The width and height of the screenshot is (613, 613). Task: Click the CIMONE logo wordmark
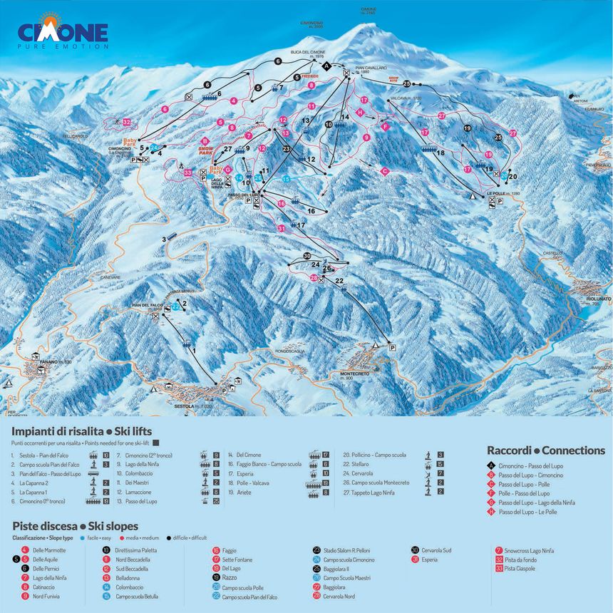coord(63,32)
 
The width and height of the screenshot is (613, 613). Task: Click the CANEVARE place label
coord(110,277)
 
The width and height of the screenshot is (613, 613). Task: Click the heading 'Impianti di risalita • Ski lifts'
coord(82,432)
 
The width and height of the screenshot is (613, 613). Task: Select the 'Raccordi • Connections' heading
coord(545,450)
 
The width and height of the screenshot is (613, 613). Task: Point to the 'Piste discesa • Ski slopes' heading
coord(75,526)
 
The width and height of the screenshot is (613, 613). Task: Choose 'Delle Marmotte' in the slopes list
coord(49,550)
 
